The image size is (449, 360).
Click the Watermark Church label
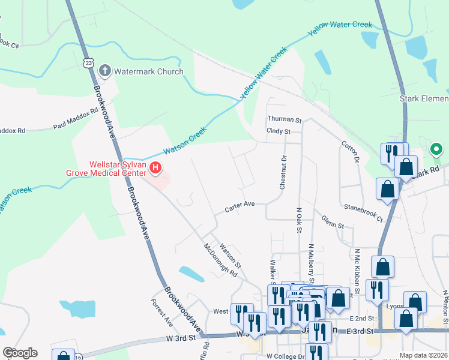[x=149, y=71]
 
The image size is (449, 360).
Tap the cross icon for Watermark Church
[x=105, y=71]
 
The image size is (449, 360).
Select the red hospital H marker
[x=155, y=168]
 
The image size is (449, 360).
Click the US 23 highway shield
[x=89, y=62]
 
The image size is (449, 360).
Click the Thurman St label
[x=284, y=119]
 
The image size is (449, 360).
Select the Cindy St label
[x=279, y=131]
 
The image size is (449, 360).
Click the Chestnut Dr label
[x=283, y=172]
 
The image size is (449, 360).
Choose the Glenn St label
[x=332, y=223]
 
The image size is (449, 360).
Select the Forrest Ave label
[x=162, y=313]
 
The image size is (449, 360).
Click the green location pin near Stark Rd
[x=436, y=149]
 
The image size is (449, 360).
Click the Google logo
[x=20, y=353]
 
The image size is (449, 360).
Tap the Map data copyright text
[x=423, y=355]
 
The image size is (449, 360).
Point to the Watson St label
[x=230, y=255]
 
